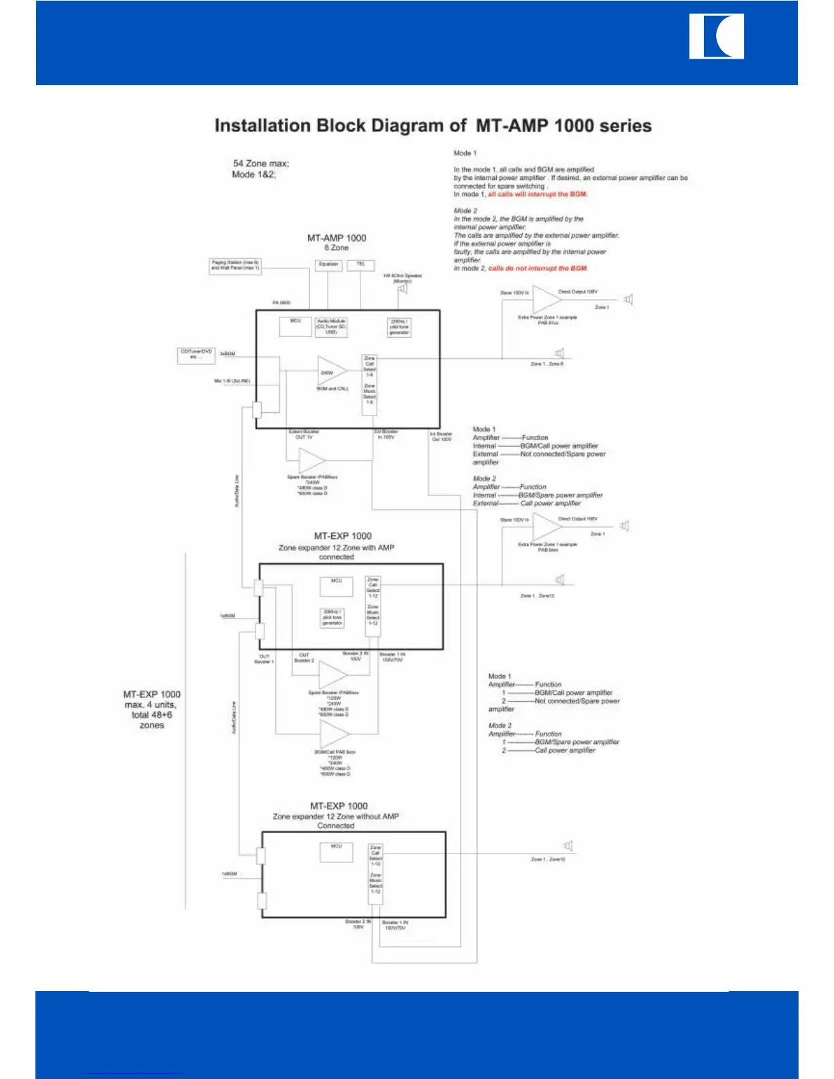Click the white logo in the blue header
tap(716, 37)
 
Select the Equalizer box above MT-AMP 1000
tap(328, 264)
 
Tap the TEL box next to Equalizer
tap(361, 264)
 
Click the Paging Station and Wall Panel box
tap(235, 266)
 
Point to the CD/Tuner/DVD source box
tap(196, 355)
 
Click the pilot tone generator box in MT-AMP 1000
tap(399, 327)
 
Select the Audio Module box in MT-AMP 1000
tap(331, 326)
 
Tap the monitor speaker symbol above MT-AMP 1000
tap(402, 289)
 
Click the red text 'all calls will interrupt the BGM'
tap(538, 194)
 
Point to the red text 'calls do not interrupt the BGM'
tap(538, 268)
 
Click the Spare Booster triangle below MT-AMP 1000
tap(312, 461)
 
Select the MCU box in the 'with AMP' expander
tap(337, 585)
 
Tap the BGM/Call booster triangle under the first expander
tap(334, 734)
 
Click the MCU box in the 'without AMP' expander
tap(337, 851)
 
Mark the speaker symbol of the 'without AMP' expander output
tap(568, 846)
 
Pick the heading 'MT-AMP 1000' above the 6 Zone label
tap(337, 238)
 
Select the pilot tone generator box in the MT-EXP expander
tap(333, 617)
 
